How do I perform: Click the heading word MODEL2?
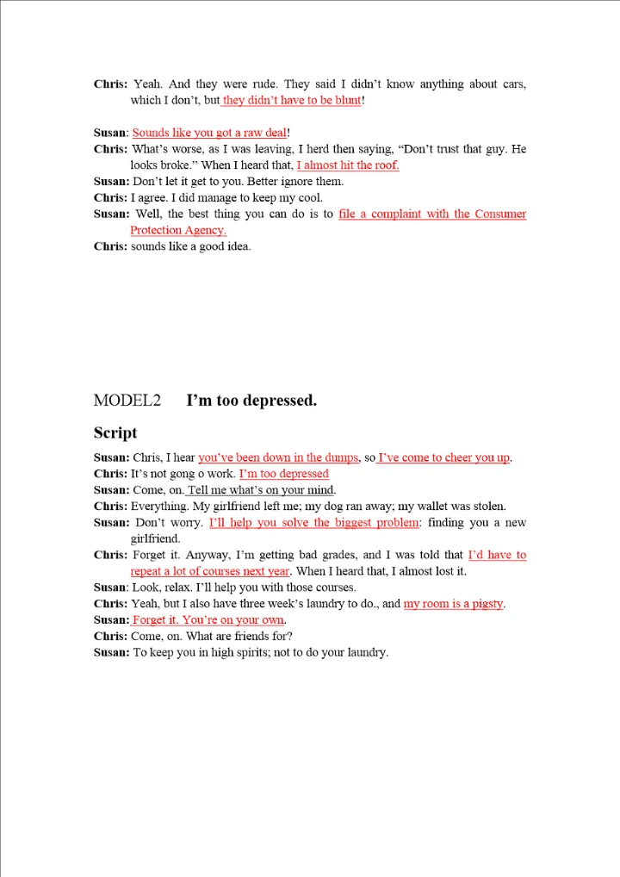click(x=127, y=401)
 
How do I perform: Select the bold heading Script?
click(x=115, y=432)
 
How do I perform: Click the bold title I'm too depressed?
click(x=251, y=401)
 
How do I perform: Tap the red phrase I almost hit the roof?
click(x=348, y=165)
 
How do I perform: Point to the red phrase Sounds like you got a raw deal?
click(x=209, y=133)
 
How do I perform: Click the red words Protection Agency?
click(x=178, y=230)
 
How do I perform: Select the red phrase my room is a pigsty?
click(x=454, y=604)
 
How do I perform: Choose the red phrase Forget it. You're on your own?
click(x=208, y=620)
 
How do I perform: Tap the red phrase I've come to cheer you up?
click(x=444, y=457)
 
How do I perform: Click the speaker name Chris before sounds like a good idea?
click(x=110, y=246)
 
